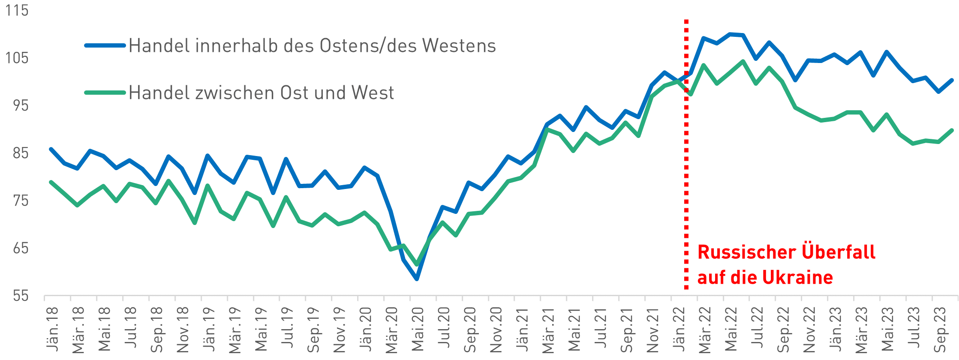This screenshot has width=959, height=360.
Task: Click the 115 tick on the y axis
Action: (17, 10)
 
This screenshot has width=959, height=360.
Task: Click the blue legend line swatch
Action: (105, 45)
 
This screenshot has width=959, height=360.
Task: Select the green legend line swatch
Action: (105, 92)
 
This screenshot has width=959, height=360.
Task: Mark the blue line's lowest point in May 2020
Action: (417, 279)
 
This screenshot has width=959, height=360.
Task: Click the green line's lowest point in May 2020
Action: (417, 264)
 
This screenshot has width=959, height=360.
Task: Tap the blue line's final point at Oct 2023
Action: (952, 80)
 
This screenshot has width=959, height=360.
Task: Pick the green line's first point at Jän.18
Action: (51, 182)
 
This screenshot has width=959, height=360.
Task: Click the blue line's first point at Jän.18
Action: (51, 149)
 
